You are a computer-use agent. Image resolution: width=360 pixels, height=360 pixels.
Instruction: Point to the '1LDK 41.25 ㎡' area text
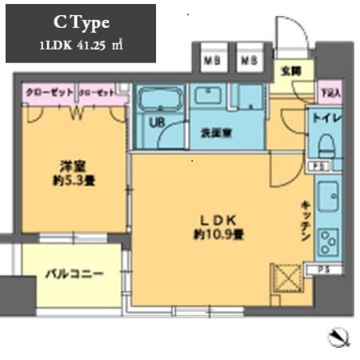click(x=82, y=46)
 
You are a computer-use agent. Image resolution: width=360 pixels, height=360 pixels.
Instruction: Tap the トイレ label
click(x=330, y=119)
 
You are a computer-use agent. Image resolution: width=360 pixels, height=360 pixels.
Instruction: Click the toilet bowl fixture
click(x=326, y=146)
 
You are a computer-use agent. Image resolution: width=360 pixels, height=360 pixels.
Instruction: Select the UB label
click(x=155, y=122)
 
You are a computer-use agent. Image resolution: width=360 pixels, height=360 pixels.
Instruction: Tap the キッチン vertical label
click(x=306, y=218)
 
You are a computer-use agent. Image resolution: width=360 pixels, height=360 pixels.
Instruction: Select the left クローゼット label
click(x=47, y=92)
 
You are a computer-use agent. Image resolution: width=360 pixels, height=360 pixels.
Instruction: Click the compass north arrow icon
click(x=338, y=337)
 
